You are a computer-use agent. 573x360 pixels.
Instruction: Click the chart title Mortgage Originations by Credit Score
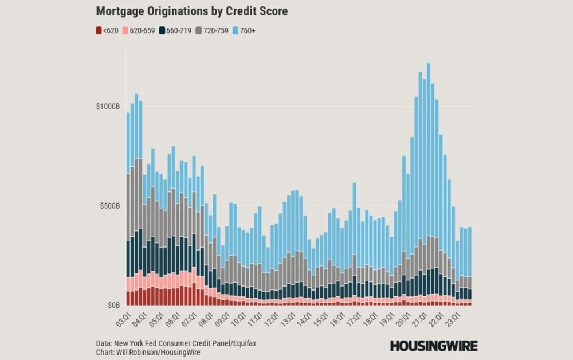(x=191, y=11)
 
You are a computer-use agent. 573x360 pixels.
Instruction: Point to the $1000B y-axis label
(x=108, y=107)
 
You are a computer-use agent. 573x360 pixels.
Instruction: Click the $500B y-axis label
(x=109, y=206)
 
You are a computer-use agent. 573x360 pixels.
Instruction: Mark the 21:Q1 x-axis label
(x=423, y=318)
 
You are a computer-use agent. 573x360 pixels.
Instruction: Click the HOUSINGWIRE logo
(x=434, y=345)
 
